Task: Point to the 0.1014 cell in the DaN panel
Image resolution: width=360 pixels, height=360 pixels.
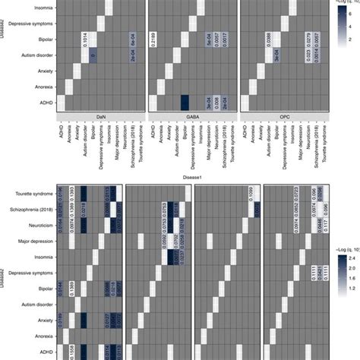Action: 82,39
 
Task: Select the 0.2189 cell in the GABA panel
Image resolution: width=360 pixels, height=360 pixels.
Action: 153,39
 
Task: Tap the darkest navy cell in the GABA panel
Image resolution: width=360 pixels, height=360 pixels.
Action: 184,101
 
